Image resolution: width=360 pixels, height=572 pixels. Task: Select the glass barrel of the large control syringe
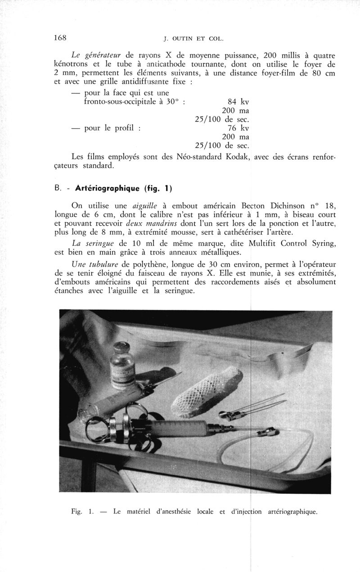(x=175, y=430)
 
